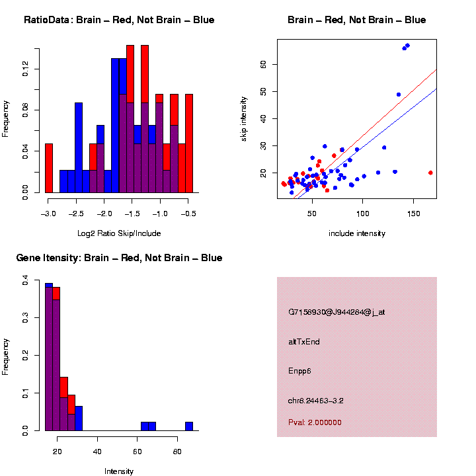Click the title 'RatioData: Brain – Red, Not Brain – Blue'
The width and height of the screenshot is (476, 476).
point(119,20)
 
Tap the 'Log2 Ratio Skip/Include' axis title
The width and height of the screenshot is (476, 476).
point(119,233)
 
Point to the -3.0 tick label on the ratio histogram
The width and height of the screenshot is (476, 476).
point(48,213)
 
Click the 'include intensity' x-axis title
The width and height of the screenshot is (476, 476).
point(357,233)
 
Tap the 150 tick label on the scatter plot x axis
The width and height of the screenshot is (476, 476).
point(413,213)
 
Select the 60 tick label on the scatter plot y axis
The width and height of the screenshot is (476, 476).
point(262,64)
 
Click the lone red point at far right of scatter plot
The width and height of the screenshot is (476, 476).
point(430,173)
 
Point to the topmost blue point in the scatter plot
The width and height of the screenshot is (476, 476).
point(408,46)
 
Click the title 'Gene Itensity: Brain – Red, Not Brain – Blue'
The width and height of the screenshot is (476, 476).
point(119,258)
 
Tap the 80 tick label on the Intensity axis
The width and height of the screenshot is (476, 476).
point(177,451)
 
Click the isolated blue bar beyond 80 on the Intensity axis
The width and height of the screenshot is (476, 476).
point(189,426)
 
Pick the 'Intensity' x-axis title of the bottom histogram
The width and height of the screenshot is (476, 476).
point(119,471)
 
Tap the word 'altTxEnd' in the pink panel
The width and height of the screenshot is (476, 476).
point(304,342)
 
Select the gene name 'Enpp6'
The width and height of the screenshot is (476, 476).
point(299,371)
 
